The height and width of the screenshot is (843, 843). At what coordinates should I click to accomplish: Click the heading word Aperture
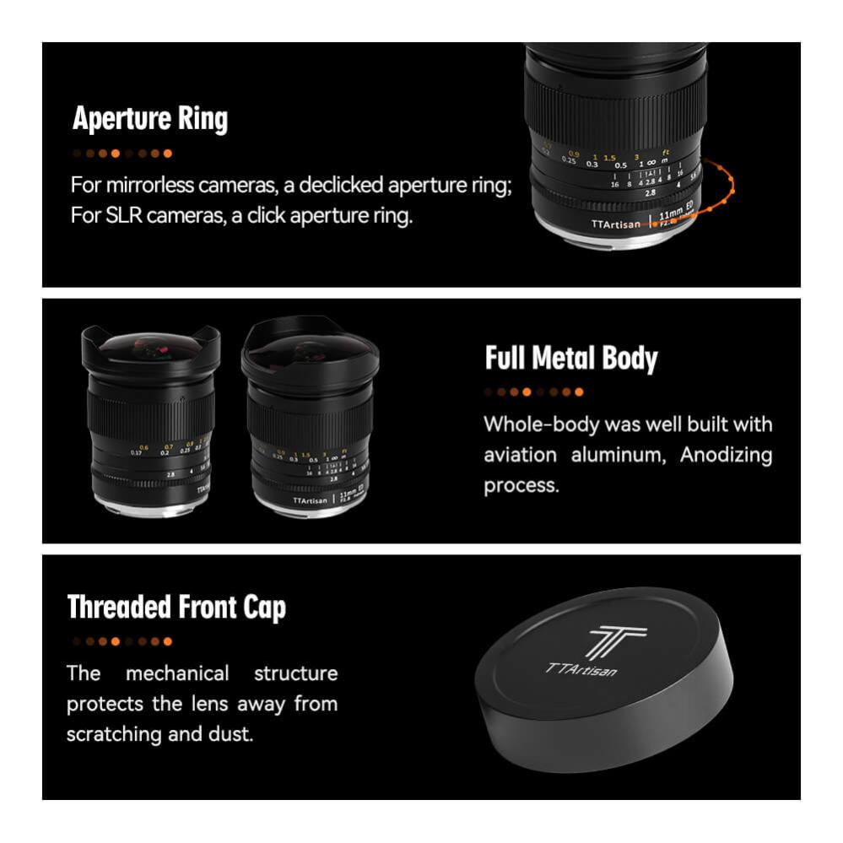tap(122, 119)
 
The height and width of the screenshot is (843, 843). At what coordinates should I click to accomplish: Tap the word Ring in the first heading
tap(201, 119)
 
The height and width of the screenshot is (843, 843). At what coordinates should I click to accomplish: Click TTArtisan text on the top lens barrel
tap(611, 225)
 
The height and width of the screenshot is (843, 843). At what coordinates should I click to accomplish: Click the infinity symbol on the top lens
tap(652, 163)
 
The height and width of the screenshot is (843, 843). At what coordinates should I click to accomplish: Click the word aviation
tap(520, 455)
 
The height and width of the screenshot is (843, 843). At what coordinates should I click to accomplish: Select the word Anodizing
tap(726, 455)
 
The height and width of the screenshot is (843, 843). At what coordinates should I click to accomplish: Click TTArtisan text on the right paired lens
tap(311, 500)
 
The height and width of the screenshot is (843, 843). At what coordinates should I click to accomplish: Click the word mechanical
tap(177, 673)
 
